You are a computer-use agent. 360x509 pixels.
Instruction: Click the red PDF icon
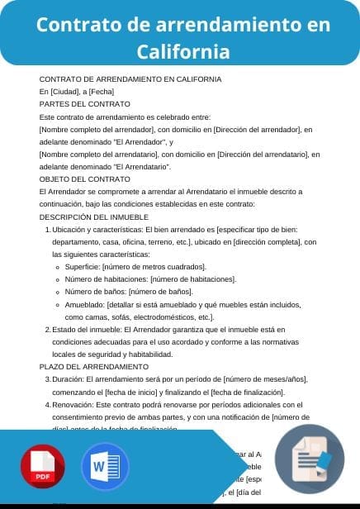[43, 468]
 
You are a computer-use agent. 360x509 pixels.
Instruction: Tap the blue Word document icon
[105, 468]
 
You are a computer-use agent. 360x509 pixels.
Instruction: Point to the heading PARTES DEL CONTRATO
[85, 104]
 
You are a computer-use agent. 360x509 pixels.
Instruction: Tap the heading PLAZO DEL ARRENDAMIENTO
[94, 366]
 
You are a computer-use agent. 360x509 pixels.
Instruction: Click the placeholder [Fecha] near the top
[100, 92]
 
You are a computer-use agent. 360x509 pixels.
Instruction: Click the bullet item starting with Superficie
[136, 267]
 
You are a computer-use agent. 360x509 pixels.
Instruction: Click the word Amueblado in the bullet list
[86, 304]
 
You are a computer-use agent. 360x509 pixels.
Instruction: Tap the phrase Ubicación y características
[97, 229]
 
